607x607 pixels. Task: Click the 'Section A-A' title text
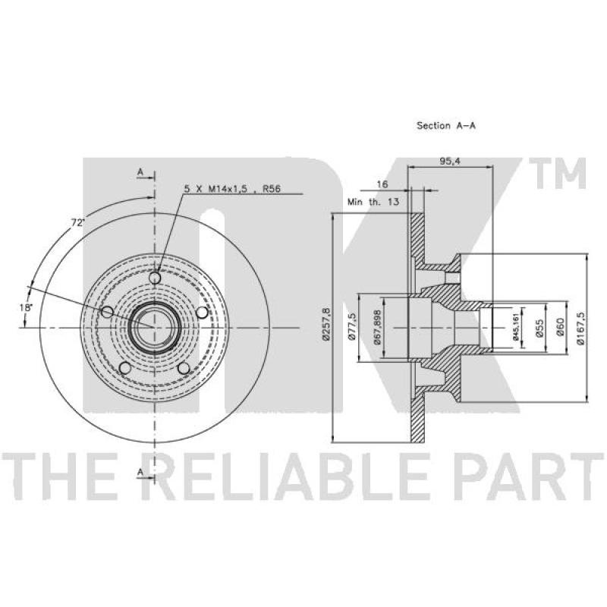click(446, 125)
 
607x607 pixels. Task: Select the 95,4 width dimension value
click(450, 162)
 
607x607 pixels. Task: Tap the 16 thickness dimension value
click(382, 184)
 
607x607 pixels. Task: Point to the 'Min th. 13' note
click(373, 202)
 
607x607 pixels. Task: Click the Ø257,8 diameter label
click(326, 324)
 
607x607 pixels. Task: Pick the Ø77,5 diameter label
click(352, 327)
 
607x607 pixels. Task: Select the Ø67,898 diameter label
click(377, 327)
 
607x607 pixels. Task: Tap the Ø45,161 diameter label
click(516, 328)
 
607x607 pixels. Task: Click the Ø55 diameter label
click(540, 328)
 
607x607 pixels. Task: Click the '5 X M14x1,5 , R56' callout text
click(232, 188)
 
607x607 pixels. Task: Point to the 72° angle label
click(78, 222)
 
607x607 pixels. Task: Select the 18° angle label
click(27, 307)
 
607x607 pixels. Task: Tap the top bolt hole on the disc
click(155, 278)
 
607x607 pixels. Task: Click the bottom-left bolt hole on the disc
click(124, 368)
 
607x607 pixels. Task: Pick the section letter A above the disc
click(140, 171)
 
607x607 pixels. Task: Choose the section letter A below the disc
click(140, 471)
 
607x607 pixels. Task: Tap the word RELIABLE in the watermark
click(285, 477)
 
